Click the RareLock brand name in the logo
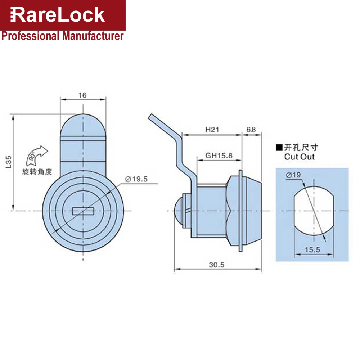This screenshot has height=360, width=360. click(x=57, y=15)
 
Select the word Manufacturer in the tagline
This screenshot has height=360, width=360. click(x=93, y=36)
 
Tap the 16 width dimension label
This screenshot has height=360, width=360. click(x=82, y=95)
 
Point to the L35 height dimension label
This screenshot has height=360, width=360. click(x=8, y=162)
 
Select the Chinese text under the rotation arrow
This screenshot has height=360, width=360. click(x=37, y=172)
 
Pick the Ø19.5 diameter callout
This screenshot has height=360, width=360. click(x=136, y=179)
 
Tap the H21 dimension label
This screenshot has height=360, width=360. click(x=212, y=130)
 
